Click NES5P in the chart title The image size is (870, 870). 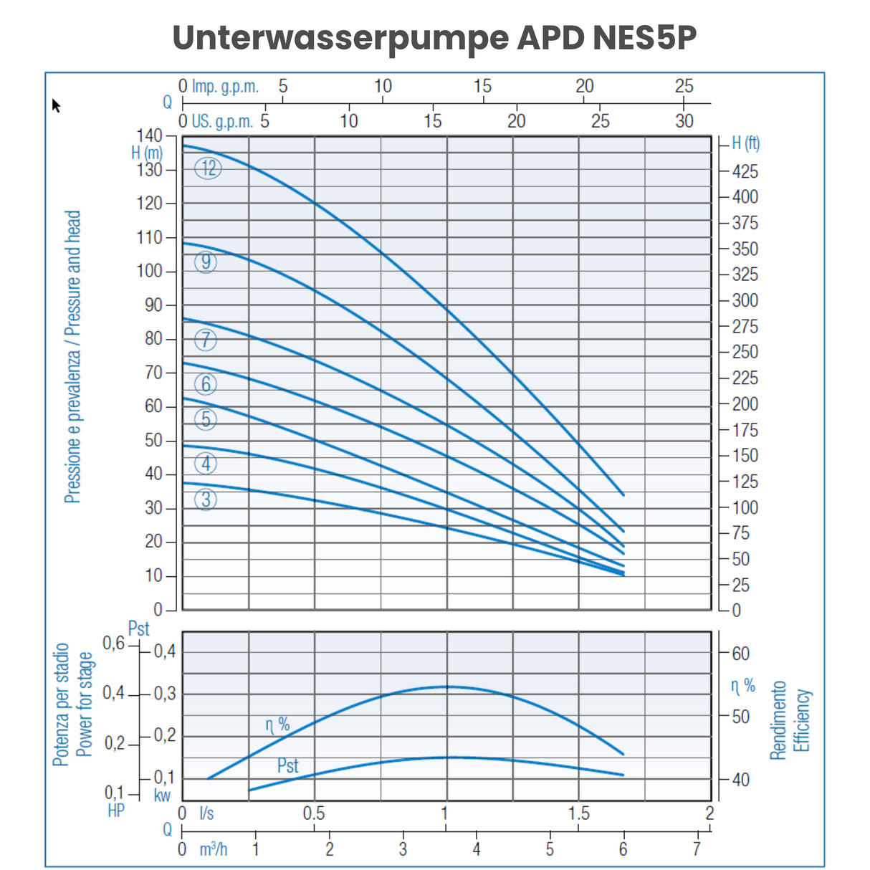click(x=644, y=38)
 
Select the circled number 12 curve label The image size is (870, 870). click(x=209, y=168)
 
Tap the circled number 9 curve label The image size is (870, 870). click(x=206, y=262)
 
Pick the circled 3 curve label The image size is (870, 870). click(x=206, y=499)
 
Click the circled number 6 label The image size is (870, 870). click(x=206, y=385)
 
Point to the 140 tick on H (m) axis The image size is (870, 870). click(x=149, y=135)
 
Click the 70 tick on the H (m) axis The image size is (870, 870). click(x=153, y=373)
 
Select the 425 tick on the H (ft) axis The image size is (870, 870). click(x=745, y=172)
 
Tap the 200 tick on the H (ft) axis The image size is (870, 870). click(x=745, y=404)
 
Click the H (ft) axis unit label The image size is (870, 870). click(x=745, y=143)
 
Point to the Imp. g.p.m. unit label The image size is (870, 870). click(x=225, y=87)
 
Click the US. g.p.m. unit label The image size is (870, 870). click(x=222, y=121)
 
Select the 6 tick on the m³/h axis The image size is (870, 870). click(x=623, y=849)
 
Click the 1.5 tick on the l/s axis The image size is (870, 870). click(x=578, y=813)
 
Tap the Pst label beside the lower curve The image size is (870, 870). click(x=287, y=765)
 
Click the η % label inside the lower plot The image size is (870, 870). click(x=277, y=725)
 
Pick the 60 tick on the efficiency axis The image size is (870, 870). click(x=740, y=654)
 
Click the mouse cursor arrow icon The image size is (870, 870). click(x=56, y=105)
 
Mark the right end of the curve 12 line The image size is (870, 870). click(x=623, y=494)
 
